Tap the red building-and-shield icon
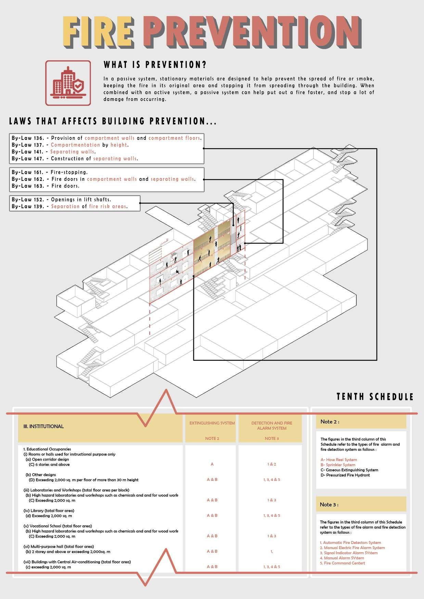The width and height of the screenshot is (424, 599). tap(68, 83)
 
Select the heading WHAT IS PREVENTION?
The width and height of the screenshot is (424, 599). tap(155, 65)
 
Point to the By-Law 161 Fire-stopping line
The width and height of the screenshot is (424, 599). tap(50, 172)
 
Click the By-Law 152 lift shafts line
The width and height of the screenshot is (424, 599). tap(62, 200)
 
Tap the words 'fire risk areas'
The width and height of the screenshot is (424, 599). tap(108, 206)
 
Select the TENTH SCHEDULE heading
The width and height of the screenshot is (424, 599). tap(375, 397)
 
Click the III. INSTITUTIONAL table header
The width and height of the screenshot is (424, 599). tap(43, 426)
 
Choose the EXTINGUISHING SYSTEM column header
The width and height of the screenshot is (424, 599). tap(212, 423)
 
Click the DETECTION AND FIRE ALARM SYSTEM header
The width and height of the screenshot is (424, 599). tap(272, 425)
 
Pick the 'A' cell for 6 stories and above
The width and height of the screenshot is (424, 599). tap(212, 464)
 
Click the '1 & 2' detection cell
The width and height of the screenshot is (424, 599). tap(272, 464)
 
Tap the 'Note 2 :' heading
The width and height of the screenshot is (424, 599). tap(330, 422)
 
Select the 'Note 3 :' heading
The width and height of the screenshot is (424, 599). tap(329, 505)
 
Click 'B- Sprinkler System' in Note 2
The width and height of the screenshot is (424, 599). tap(338, 465)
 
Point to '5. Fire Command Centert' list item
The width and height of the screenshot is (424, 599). tap(343, 563)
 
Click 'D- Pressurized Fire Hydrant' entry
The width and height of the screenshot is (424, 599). tap(345, 475)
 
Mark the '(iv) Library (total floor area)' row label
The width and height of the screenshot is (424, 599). tap(49, 510)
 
